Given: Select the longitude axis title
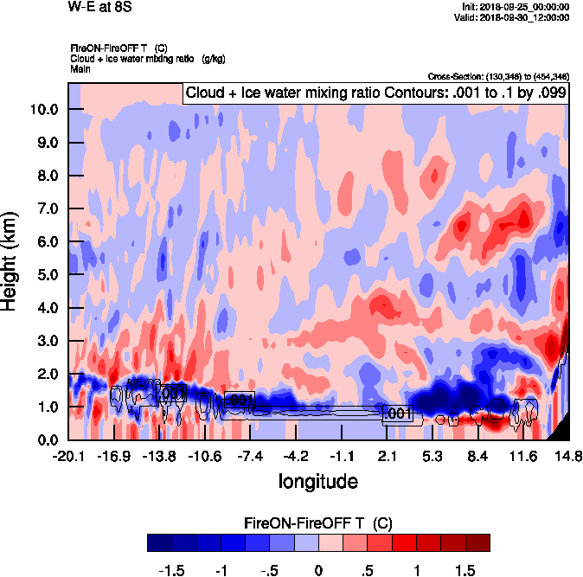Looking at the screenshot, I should [317, 479].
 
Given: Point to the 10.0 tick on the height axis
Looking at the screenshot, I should [42, 109].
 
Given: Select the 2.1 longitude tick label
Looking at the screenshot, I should [388, 456].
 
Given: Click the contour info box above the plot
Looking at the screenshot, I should [375, 93].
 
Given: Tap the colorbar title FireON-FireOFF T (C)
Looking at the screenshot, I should [318, 523].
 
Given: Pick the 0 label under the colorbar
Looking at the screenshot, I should [318, 570].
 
